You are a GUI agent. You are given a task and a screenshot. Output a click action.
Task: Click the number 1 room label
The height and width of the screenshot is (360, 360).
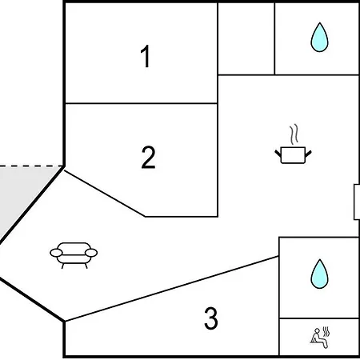click(146, 56)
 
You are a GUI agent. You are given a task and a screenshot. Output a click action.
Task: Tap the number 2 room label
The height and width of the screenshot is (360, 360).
click(148, 157)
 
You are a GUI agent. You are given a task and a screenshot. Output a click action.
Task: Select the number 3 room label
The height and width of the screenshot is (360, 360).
click(211, 318)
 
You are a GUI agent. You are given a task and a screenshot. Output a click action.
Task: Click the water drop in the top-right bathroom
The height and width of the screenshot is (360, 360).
click(319, 37)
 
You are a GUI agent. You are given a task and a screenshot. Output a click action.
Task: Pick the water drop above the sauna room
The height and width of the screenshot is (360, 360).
click(319, 274)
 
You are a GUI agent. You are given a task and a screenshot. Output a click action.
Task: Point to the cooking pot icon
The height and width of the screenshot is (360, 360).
click(293, 154)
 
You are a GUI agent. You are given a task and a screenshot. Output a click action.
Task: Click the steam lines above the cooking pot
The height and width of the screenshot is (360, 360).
click(294, 134)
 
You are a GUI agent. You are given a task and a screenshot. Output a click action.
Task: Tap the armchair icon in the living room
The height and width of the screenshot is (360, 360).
click(74, 255)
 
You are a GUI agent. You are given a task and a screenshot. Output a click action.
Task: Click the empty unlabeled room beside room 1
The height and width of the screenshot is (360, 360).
click(246, 38)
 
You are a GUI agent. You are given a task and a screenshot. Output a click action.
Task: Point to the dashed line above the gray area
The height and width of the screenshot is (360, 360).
click(31, 166)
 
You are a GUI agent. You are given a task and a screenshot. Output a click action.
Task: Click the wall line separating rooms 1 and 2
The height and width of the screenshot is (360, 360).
click(142, 103)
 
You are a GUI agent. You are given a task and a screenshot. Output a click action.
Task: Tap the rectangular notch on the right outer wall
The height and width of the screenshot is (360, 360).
click(357, 202)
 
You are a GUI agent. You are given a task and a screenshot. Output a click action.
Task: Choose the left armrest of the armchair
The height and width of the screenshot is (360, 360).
click(56, 253)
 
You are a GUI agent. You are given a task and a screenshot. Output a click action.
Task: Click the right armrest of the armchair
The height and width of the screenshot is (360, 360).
click(91, 253)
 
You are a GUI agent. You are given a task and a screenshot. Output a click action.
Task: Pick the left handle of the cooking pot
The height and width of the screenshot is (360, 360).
click(278, 154)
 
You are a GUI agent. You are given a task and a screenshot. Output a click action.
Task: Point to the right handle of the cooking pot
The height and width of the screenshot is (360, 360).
click(308, 154)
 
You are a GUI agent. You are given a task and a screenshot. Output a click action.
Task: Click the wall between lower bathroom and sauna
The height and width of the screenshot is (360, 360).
click(319, 318)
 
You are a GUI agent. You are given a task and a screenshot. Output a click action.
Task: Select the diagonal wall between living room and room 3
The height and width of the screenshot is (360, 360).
click(172, 289)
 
